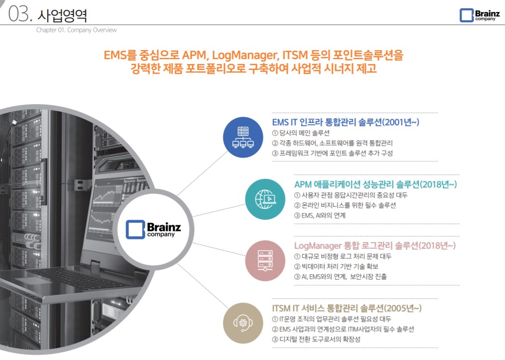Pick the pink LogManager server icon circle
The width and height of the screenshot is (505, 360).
click(265, 261)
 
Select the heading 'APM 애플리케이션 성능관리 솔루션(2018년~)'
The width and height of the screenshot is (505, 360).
click(375, 184)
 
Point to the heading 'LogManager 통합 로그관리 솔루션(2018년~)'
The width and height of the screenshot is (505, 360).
click(374, 246)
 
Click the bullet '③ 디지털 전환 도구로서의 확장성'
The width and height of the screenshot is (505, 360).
click(316, 339)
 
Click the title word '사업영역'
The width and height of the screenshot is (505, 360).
click(62, 15)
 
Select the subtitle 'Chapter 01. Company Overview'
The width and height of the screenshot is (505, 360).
click(76, 30)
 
